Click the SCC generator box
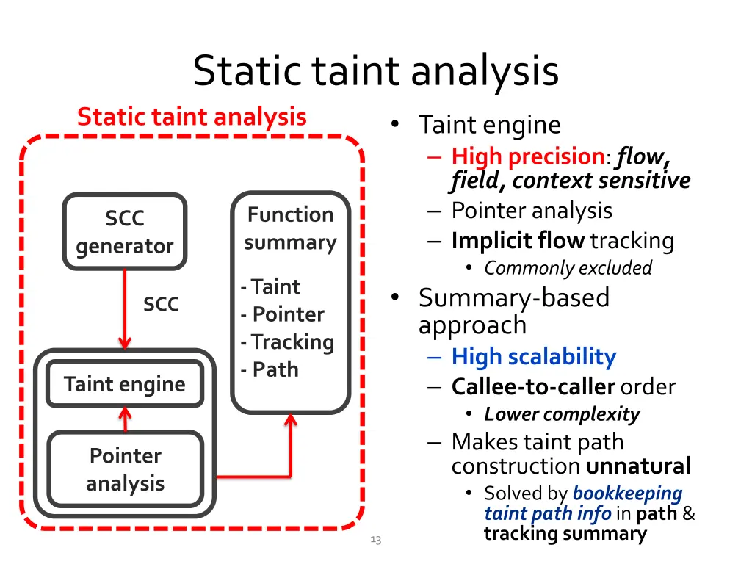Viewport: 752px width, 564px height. coord(125,231)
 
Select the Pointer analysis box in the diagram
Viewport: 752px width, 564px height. coord(125,469)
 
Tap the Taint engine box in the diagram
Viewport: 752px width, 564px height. coord(125,383)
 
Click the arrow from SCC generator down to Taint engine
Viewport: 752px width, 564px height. coord(125,309)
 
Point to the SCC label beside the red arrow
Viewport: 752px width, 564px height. coord(161,303)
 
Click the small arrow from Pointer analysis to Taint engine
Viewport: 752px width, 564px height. coord(125,419)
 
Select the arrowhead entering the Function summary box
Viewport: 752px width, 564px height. coord(291,420)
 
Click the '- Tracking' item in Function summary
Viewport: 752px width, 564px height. coord(287,342)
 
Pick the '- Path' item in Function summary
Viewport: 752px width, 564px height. coord(270,369)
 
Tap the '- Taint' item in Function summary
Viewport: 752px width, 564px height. coord(270,286)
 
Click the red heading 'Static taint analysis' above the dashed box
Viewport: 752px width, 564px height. coord(192,117)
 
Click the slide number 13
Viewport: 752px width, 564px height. coord(376,540)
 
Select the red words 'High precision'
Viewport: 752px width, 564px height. coord(528,156)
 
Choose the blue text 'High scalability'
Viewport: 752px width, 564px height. coord(534,357)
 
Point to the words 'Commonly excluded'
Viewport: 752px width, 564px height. coord(568,268)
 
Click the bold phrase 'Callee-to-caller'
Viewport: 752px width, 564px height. coord(533,386)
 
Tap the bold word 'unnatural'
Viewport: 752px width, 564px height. coord(638,466)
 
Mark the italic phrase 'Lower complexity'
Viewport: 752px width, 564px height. coord(562,414)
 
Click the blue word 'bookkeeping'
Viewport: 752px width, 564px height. coord(628,493)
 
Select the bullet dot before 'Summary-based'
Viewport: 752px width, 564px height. coord(394,297)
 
